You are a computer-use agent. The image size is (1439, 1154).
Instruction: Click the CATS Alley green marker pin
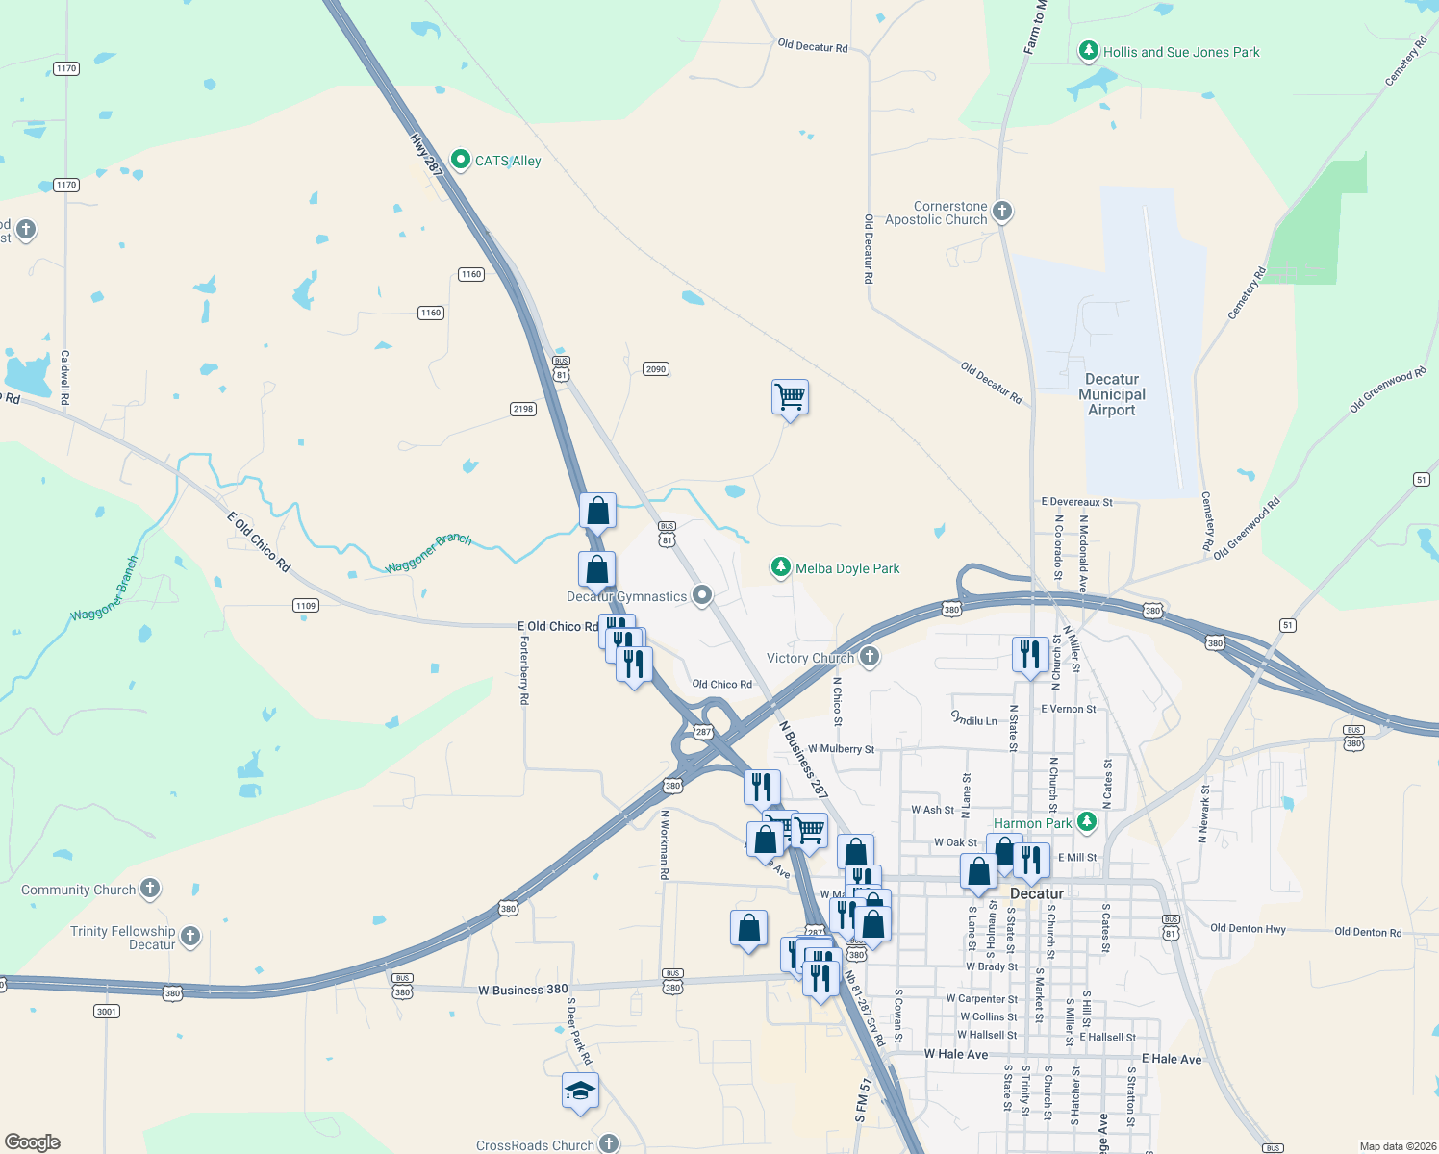pos(461,160)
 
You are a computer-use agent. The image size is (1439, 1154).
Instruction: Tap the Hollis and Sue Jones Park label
pos(1180,52)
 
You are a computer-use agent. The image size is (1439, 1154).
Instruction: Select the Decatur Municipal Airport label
pos(1112,394)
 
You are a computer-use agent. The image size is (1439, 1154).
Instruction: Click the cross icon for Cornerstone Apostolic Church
pos(1002,212)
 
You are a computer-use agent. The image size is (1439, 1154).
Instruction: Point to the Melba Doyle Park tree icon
pos(781,567)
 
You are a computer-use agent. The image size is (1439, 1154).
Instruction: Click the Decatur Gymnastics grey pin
pos(702,595)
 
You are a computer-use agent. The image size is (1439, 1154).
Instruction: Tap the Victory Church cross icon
pos(869,657)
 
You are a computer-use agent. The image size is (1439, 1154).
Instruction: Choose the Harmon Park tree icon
pos(1087,822)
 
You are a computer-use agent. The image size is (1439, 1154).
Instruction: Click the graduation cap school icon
pos(580,1091)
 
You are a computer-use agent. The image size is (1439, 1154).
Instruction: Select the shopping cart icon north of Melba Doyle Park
pos(790,396)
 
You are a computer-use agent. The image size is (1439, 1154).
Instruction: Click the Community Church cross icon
pos(150,889)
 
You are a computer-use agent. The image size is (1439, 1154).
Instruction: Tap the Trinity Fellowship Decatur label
pos(123,938)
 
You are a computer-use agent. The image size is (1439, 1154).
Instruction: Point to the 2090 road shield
pos(656,369)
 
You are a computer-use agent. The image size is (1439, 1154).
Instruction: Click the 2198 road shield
pos(522,409)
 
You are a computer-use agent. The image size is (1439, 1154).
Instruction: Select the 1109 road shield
pos(306,605)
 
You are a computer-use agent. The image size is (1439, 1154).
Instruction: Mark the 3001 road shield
pos(107,1011)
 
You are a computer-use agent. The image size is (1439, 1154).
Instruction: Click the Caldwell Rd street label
pos(65,377)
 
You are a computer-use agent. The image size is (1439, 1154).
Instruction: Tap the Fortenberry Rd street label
pos(524,670)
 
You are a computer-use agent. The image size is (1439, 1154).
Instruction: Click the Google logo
pos(33,1141)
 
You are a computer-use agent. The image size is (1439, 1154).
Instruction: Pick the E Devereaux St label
pos(1076,502)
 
